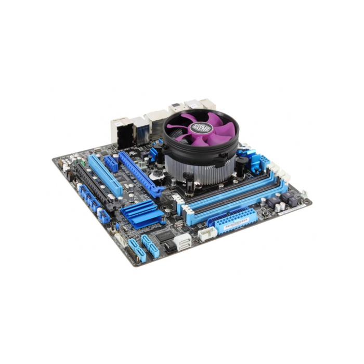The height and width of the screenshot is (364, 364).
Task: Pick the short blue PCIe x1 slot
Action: click(111, 163)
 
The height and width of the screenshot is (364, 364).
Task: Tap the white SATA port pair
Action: click(184, 241)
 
